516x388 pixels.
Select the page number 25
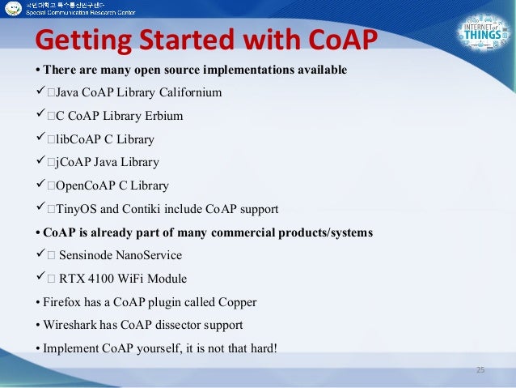tap(480, 370)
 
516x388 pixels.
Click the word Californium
tap(187, 92)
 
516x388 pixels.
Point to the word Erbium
tap(163, 116)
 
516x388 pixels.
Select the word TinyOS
tap(75, 209)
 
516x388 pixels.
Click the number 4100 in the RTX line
tap(102, 279)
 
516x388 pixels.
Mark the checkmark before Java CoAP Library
tap(37, 92)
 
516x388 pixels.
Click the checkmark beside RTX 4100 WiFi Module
tap(37, 279)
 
